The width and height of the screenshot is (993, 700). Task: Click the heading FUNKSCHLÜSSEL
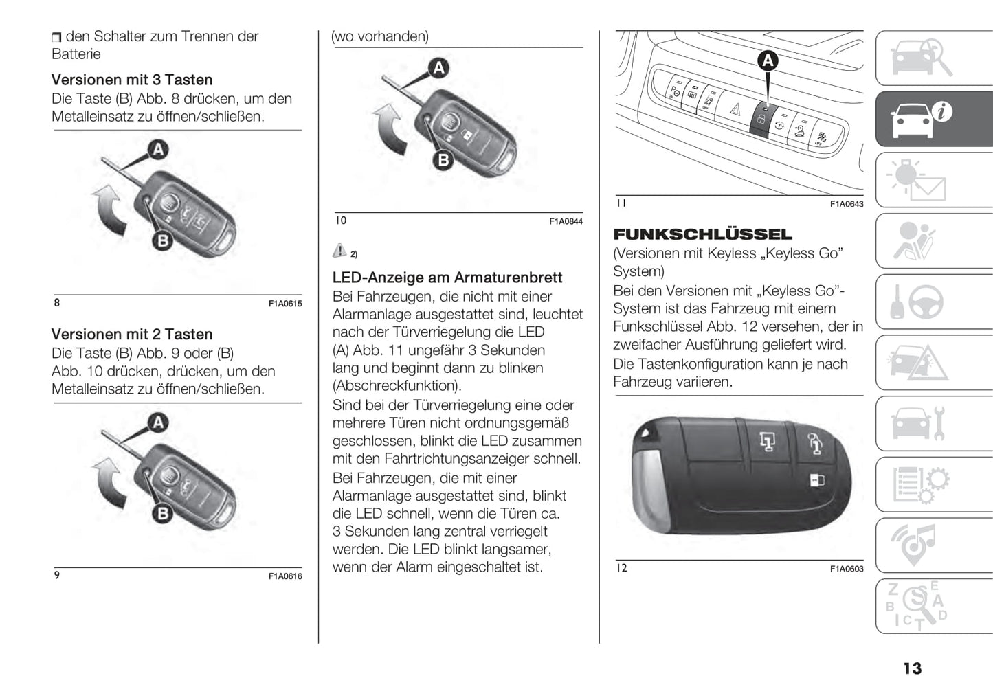pyautogui.click(x=702, y=234)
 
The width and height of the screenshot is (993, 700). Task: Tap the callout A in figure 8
pyautogui.click(x=158, y=149)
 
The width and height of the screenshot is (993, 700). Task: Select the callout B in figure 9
pyautogui.click(x=163, y=513)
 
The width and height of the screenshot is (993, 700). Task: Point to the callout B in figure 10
pyautogui.click(x=443, y=160)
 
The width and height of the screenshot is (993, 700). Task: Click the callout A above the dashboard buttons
pyautogui.click(x=768, y=61)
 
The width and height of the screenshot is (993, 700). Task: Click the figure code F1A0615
pyautogui.click(x=285, y=304)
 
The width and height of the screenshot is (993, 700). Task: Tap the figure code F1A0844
pyautogui.click(x=566, y=221)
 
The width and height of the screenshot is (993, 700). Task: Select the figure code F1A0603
pyautogui.click(x=847, y=569)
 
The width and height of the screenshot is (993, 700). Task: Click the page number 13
pyautogui.click(x=912, y=668)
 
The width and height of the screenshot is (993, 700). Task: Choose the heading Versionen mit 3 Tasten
pyautogui.click(x=132, y=80)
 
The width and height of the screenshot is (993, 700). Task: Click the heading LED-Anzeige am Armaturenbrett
pyautogui.click(x=447, y=278)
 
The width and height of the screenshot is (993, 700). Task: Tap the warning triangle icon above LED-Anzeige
pyautogui.click(x=339, y=251)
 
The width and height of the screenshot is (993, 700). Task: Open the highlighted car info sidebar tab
pyautogui.click(x=933, y=119)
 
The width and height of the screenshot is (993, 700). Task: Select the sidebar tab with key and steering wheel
pyautogui.click(x=933, y=302)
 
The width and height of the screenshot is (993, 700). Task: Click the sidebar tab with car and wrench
pyautogui.click(x=933, y=423)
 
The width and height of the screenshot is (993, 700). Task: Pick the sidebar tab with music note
pyautogui.click(x=933, y=545)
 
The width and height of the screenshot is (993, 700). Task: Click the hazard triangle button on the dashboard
pyautogui.click(x=735, y=109)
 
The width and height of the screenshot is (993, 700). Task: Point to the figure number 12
pyautogui.click(x=621, y=568)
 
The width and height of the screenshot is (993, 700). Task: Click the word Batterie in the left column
pyautogui.click(x=76, y=54)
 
